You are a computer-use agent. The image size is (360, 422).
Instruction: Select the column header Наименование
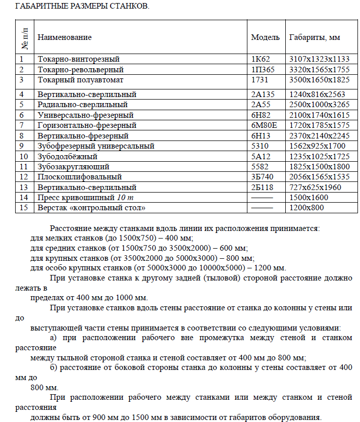pos(65,37)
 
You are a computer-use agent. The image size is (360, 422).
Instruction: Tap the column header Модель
pos(265,37)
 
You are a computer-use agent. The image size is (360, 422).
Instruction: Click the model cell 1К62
pos(261,59)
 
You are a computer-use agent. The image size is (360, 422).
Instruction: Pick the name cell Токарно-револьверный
pos(81,69)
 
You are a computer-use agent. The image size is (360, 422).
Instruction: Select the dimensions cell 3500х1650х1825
pos(319,80)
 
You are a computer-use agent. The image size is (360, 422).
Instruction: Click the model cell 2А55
pos(262,105)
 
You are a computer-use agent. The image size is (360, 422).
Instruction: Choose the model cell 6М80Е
pos(265,125)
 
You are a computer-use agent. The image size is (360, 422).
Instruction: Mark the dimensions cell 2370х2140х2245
pos(319,136)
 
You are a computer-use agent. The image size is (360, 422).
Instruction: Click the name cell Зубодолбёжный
pos(68,157)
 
